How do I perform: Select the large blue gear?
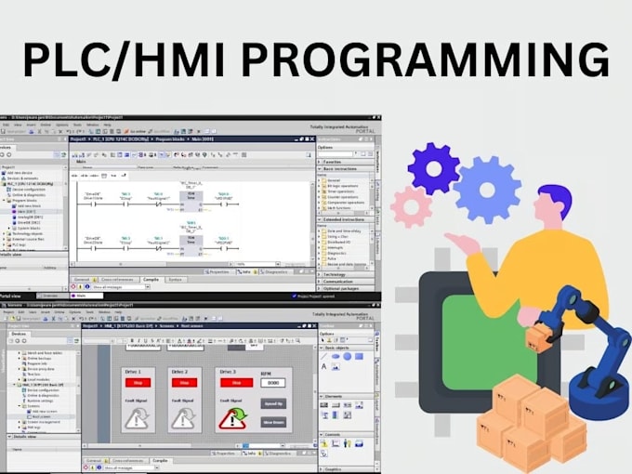coord(487,190)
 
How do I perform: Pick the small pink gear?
coord(410,206)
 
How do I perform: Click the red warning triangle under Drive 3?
coord(230,420)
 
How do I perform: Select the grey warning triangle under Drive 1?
coord(137,420)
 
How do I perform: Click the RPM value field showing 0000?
coord(272,382)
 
